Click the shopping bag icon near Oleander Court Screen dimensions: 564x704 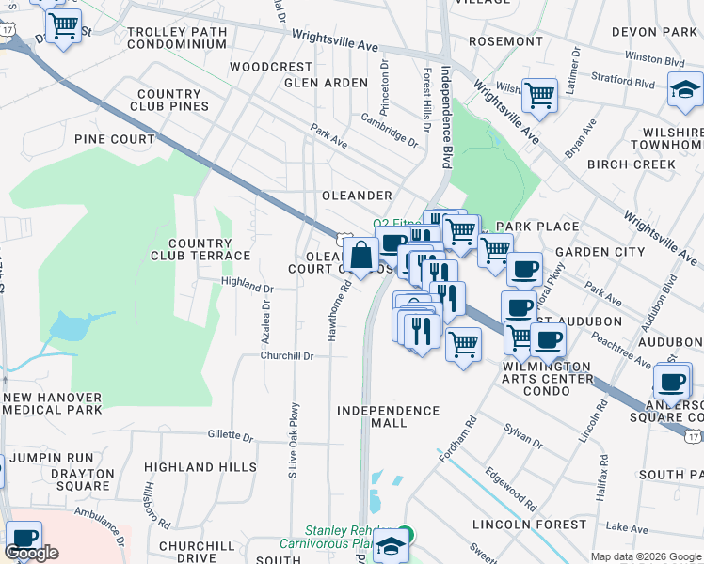(x=361, y=254)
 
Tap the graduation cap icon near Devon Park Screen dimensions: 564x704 (x=684, y=91)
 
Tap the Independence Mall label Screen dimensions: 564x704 (x=388, y=416)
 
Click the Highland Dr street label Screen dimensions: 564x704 (x=247, y=289)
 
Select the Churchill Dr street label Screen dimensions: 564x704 (x=287, y=356)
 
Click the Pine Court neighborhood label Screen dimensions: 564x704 (x=114, y=139)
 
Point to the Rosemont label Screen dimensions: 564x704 (x=505, y=41)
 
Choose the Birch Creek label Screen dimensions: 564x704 (x=631, y=164)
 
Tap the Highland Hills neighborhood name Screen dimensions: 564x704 (x=200, y=467)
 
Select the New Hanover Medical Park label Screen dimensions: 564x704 (x=53, y=403)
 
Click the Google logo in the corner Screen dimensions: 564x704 (x=31, y=554)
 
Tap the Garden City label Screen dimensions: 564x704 (x=600, y=252)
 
